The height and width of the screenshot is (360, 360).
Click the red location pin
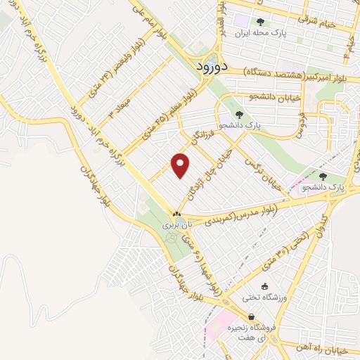(x=181, y=165)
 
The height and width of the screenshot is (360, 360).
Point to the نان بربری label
(x=176, y=226)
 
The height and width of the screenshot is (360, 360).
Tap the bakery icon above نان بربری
(x=176, y=214)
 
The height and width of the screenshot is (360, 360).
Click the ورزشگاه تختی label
(x=266, y=297)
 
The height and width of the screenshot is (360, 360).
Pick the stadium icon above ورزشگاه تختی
(x=266, y=286)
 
